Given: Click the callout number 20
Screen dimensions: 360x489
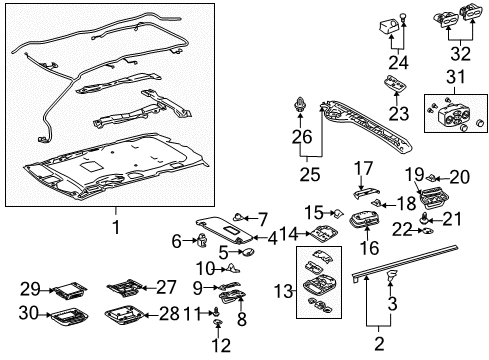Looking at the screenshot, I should [x=460, y=177].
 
